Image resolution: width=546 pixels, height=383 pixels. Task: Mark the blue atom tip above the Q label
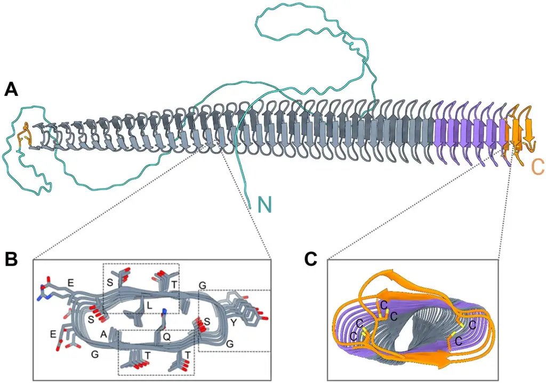coord(165,311)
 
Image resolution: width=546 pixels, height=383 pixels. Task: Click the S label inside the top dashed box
coord(110,281)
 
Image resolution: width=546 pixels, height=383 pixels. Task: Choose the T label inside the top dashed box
coord(174,285)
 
